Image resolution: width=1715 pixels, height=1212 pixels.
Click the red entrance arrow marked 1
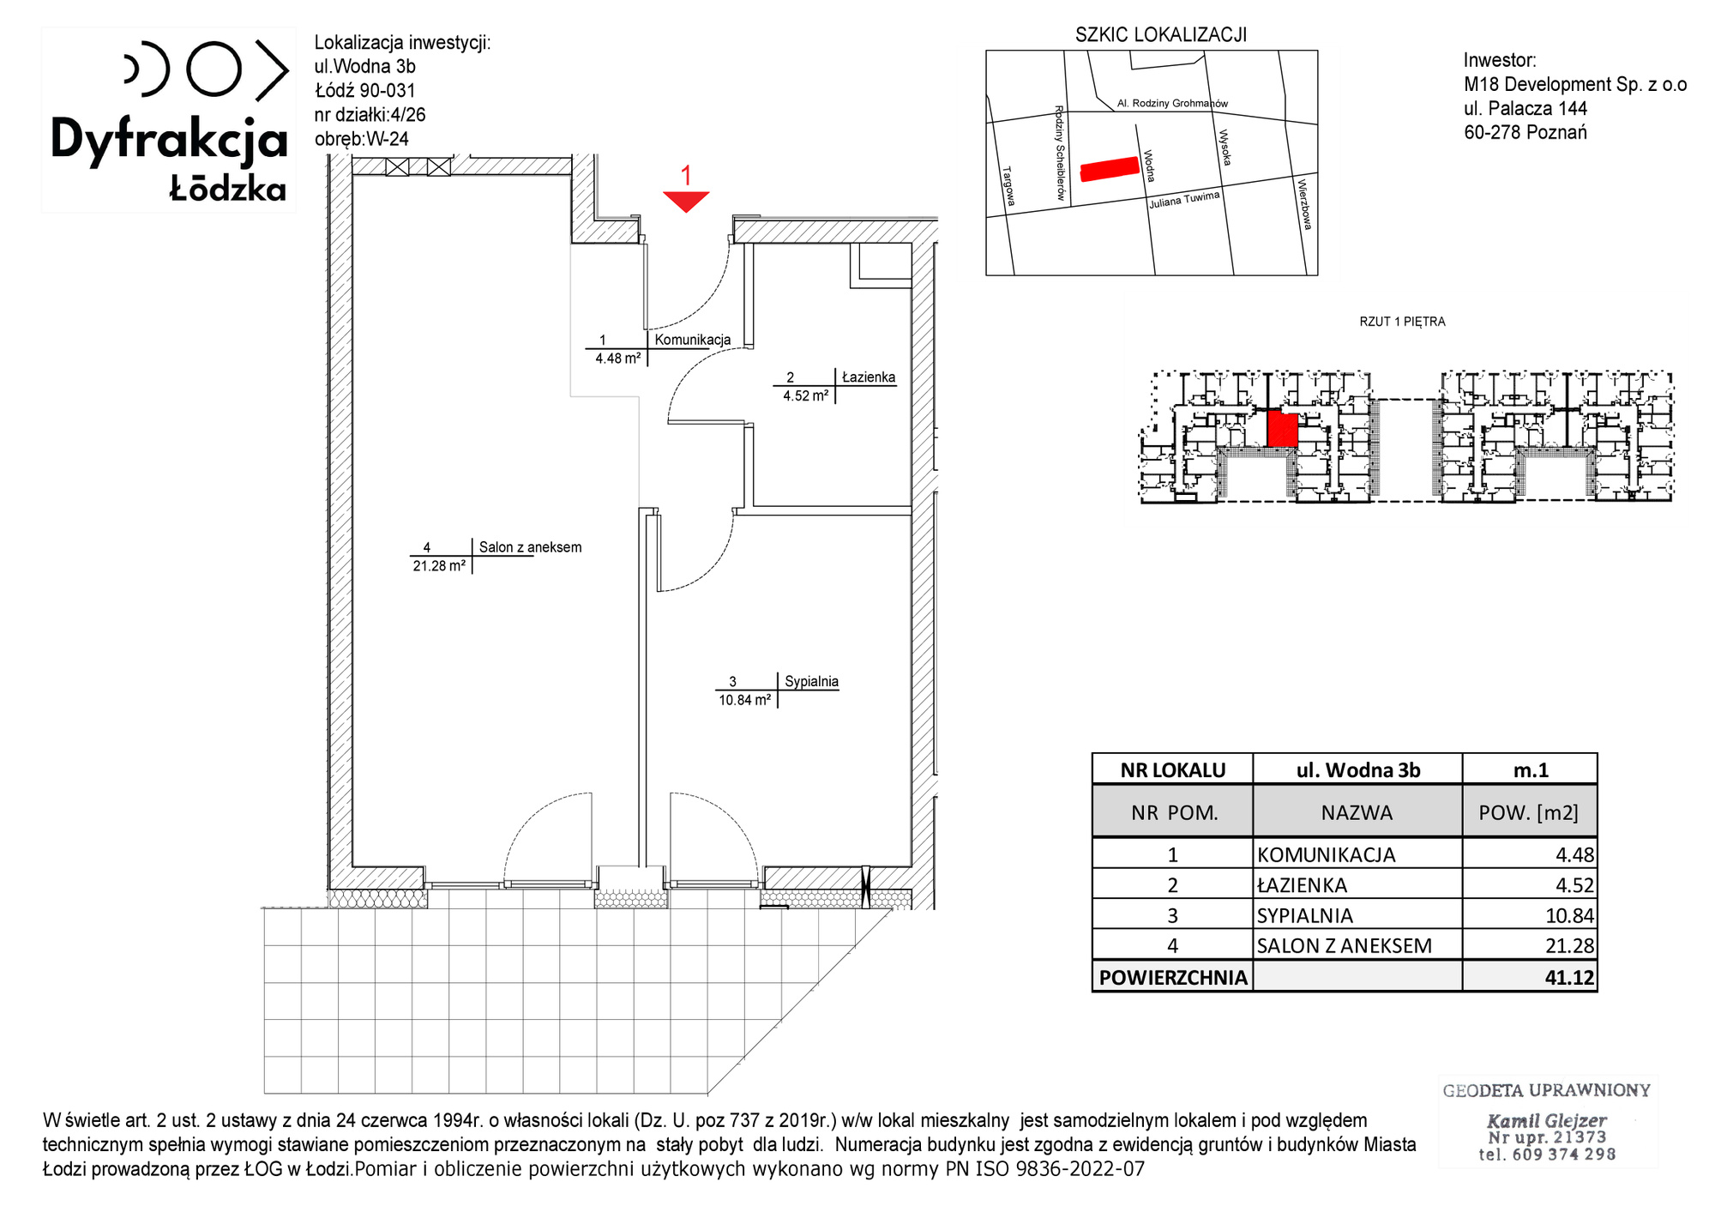pos(686,201)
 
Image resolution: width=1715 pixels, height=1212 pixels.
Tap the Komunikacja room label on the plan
pos(693,340)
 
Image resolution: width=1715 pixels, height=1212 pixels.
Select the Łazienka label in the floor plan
pos(869,377)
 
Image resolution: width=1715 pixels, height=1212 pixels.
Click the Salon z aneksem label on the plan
pos(530,547)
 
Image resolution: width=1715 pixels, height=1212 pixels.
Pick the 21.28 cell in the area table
pos(1569,945)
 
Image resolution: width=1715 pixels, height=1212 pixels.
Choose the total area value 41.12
pos(1569,977)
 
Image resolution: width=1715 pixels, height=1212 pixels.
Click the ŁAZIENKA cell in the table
pos(1302,885)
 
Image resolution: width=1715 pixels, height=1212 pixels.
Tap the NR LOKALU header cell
pos(1172,770)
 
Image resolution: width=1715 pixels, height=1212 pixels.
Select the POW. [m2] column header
pos(1528,812)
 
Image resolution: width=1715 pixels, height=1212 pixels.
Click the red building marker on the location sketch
pos(1110,169)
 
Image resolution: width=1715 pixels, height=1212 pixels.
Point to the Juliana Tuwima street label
pos(1184,200)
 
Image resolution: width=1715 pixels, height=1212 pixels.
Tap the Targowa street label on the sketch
pos(1008,186)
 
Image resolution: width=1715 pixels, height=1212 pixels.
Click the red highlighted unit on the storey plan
pos(1282,429)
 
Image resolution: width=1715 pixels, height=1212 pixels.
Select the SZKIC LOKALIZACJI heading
pos(1161,35)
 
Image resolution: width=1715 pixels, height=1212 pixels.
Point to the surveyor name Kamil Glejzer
pos(1546,1120)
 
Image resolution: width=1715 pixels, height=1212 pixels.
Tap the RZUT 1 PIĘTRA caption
pos(1402,322)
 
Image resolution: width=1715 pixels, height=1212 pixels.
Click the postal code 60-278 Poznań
pos(1525,132)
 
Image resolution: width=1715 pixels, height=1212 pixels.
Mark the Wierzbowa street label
pos(1303,204)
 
